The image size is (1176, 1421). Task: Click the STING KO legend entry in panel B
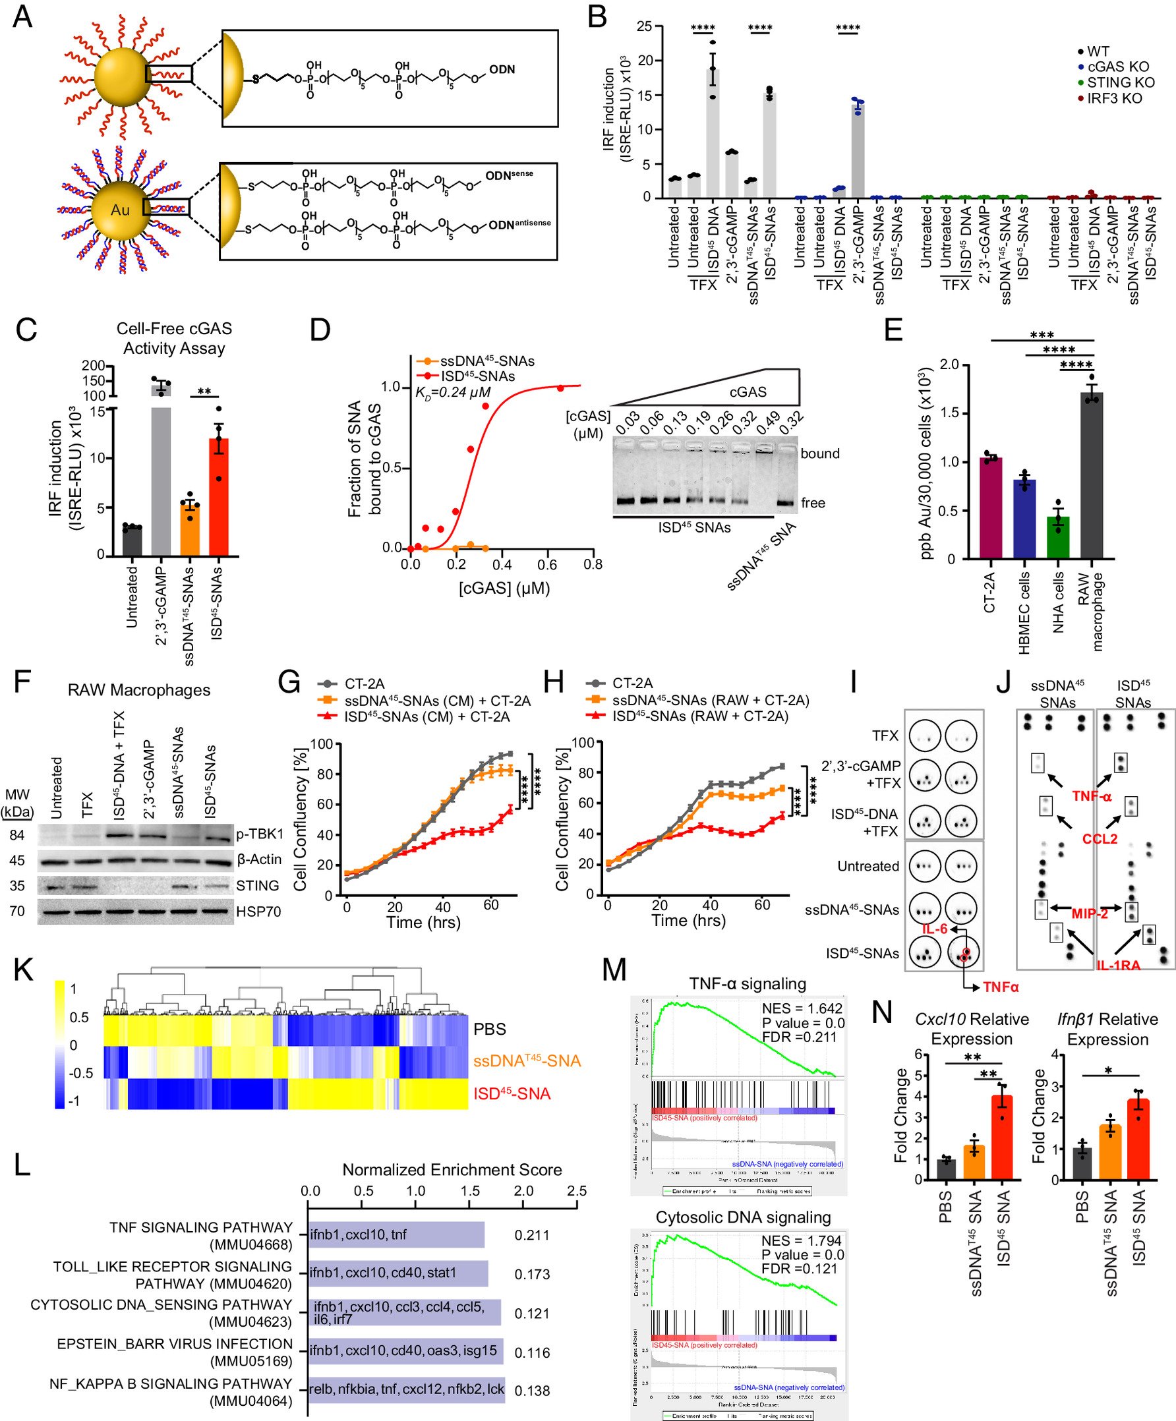(x=1120, y=82)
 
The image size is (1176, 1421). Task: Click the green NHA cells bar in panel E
(x=1058, y=537)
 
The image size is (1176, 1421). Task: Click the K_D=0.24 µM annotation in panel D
(x=453, y=391)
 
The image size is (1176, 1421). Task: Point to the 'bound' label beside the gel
(x=819, y=453)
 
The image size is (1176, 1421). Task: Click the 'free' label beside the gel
(x=813, y=503)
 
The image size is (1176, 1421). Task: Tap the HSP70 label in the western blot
(x=258, y=912)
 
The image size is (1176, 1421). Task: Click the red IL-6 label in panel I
(x=935, y=929)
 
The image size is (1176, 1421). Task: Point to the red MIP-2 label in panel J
(x=1089, y=913)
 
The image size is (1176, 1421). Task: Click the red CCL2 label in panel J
(x=1100, y=839)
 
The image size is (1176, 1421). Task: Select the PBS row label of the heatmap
(x=490, y=1029)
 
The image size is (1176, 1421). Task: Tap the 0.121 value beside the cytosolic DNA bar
(x=532, y=1314)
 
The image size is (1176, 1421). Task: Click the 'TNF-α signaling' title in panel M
(x=748, y=984)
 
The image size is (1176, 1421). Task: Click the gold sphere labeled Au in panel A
(x=121, y=210)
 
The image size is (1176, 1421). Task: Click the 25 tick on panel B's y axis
(x=644, y=26)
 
